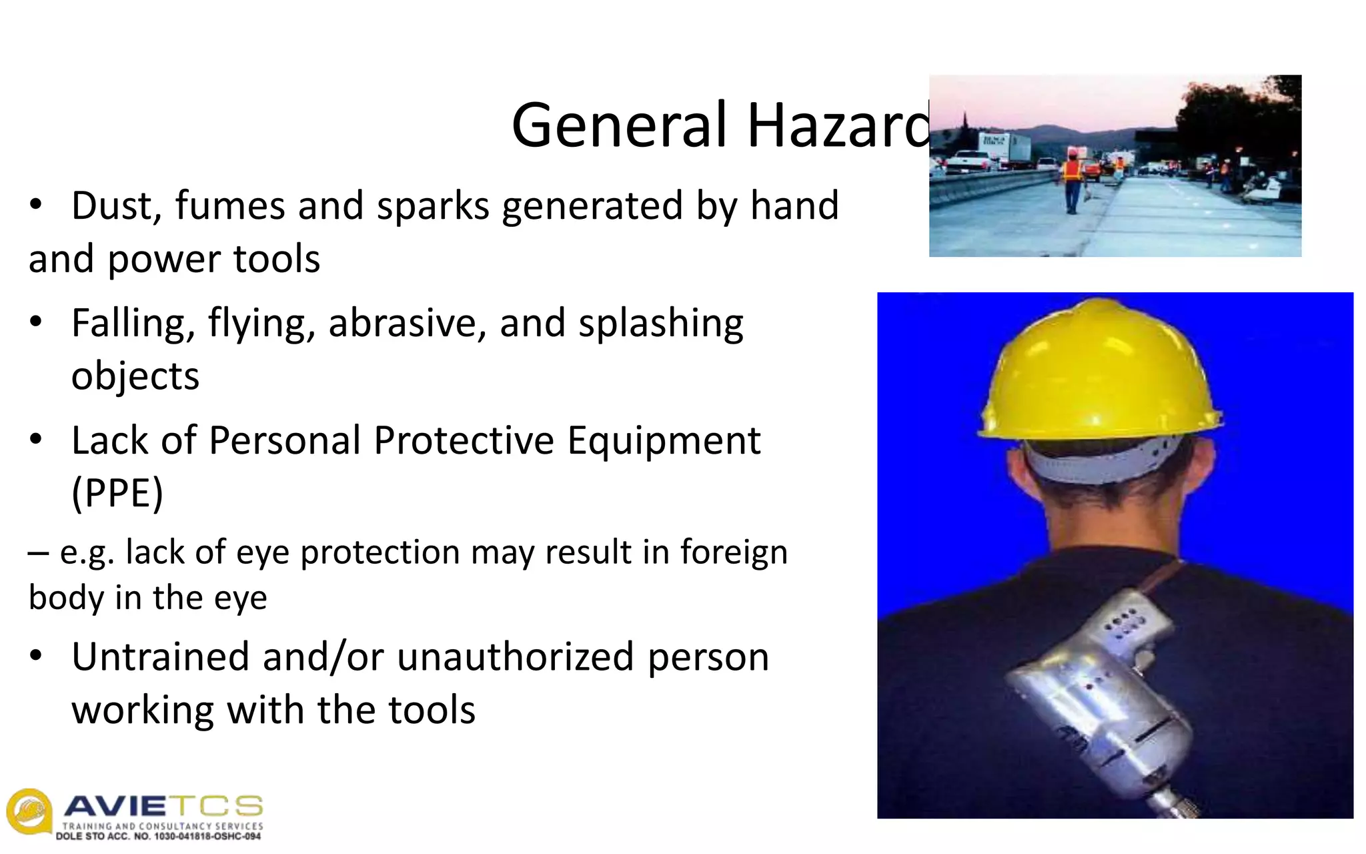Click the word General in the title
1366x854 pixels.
pyautogui.click(x=618, y=125)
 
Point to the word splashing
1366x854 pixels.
pyautogui.click(x=660, y=324)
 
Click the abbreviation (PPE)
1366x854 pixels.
pyautogui.click(x=117, y=494)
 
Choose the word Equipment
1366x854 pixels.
pyautogui.click(x=664, y=442)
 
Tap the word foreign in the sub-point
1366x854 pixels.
pyautogui.click(x=734, y=552)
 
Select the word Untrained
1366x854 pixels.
pyautogui.click(x=160, y=657)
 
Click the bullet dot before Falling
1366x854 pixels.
pyautogui.click(x=36, y=322)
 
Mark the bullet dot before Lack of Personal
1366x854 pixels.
pyautogui.click(x=36, y=440)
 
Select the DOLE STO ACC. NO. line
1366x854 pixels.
pyautogui.click(x=159, y=837)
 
